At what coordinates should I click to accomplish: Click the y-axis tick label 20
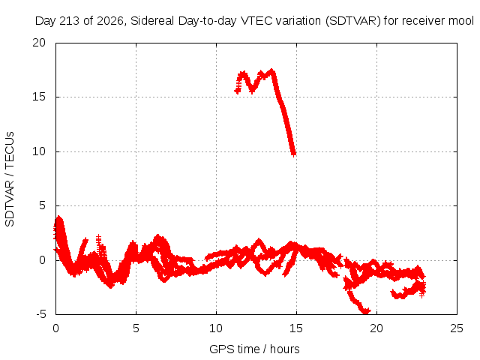[x=39, y=43]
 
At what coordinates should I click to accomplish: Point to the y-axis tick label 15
[x=39, y=97]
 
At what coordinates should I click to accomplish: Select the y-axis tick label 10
[x=39, y=151]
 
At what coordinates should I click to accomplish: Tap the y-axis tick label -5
[x=40, y=314]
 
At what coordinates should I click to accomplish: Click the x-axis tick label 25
[x=457, y=328]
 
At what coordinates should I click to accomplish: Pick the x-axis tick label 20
[x=376, y=328]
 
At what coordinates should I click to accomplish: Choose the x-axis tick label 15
[x=296, y=328]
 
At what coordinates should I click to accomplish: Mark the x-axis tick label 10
[x=216, y=328]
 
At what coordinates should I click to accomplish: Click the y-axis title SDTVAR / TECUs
[x=10, y=179]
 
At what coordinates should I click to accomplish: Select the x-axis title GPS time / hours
[x=254, y=349]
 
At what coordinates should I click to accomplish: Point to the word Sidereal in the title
[x=152, y=21]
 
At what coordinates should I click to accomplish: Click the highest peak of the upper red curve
[x=271, y=71]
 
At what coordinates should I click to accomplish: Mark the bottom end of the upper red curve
[x=293, y=154]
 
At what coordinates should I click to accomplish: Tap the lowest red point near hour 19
[x=366, y=312]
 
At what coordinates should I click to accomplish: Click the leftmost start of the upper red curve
[x=237, y=91]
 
